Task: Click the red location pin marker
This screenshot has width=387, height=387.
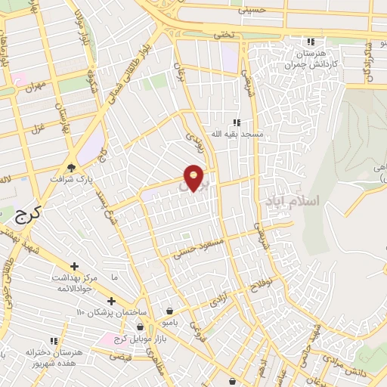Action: [x=194, y=178]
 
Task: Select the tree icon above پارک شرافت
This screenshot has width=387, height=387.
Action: [x=72, y=168]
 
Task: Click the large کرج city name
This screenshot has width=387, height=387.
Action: [x=27, y=215]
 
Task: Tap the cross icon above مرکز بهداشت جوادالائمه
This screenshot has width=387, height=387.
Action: [x=74, y=266]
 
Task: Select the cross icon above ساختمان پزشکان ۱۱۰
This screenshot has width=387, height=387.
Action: [x=112, y=301]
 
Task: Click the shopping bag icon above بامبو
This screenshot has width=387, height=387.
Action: [x=169, y=310]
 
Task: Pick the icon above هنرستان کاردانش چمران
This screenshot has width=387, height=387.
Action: [x=311, y=42]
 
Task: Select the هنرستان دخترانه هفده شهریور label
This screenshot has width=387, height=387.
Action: [x=53, y=358]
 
